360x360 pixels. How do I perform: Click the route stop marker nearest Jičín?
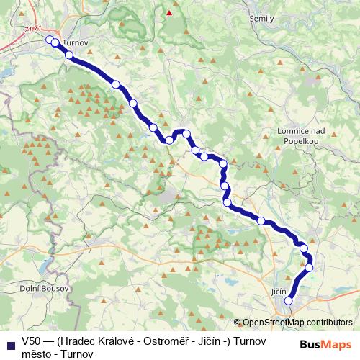(x=289, y=301)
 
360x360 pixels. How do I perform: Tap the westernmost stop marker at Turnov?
(x=49, y=40)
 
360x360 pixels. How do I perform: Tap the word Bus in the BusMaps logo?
(x=311, y=344)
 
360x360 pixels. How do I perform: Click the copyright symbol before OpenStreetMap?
(x=237, y=323)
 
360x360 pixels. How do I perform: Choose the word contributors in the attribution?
(x=328, y=323)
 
